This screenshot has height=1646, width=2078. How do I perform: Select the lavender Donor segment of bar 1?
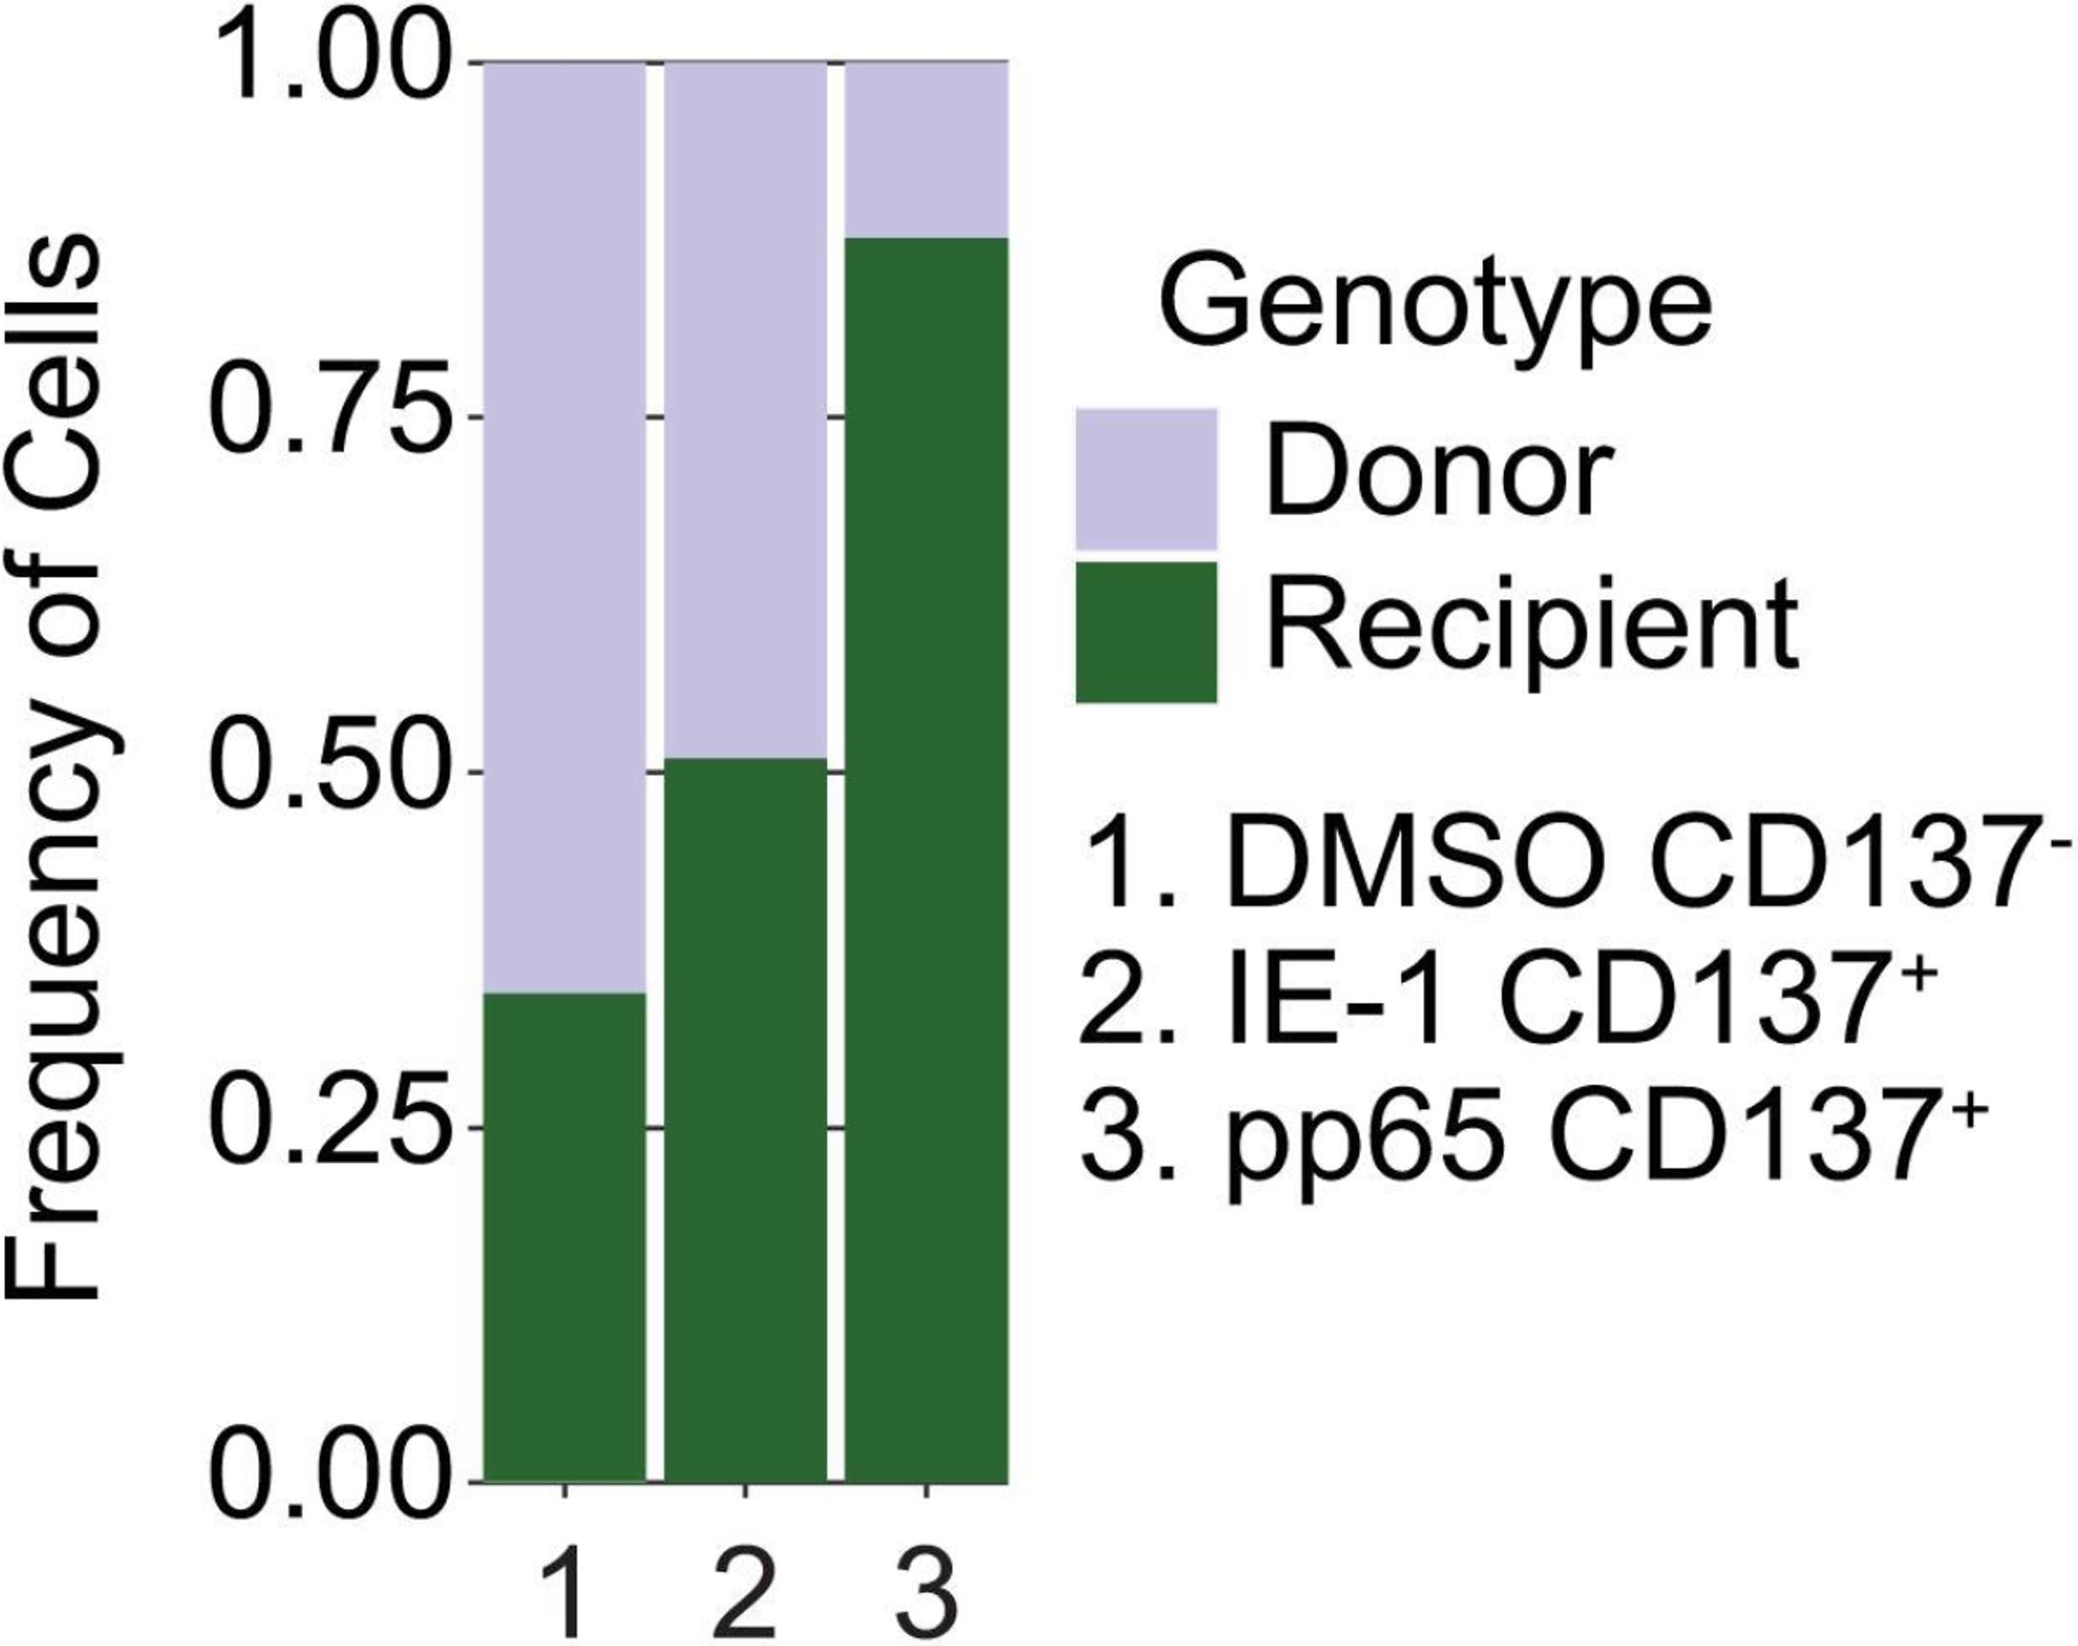[564, 525]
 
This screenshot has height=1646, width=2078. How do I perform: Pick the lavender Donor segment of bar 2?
[744, 410]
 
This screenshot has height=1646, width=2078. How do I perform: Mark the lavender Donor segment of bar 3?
[926, 149]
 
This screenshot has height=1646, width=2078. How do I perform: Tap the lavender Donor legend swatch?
[1146, 479]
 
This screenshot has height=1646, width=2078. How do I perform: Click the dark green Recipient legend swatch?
[1146, 632]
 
